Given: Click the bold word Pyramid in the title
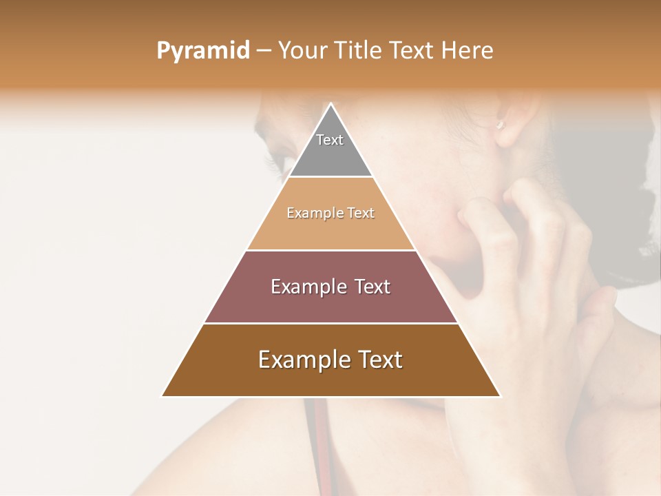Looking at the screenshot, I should tap(202, 51).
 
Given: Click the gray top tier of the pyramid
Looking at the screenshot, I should tap(330, 155).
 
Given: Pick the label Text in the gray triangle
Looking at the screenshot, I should tap(330, 140).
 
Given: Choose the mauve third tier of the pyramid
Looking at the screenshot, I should tap(330, 303).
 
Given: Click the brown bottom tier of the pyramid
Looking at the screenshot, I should tap(330, 379).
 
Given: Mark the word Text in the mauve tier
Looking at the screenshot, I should tap(368, 287).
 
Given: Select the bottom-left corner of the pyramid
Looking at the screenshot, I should tap(163, 396).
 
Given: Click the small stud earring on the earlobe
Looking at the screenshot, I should tap(501, 125).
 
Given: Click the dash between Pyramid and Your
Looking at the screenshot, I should tap(264, 51).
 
